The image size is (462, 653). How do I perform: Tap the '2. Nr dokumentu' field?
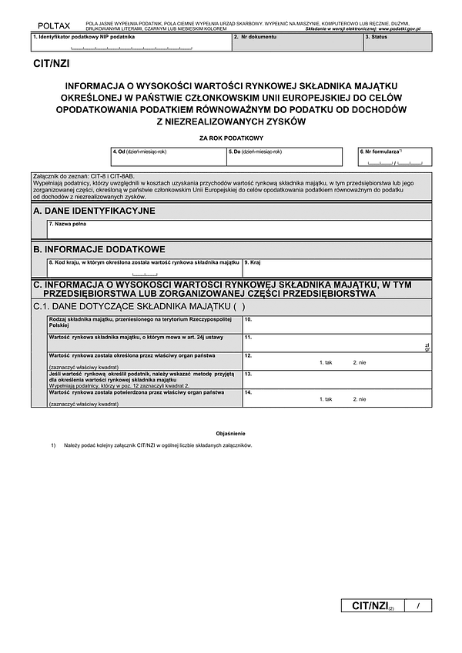[x=296, y=43]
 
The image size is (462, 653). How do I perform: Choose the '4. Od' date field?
[x=168, y=157]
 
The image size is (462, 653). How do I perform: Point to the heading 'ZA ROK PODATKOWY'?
[x=231, y=137]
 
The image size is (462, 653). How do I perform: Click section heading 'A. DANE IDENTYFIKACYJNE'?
[x=95, y=211]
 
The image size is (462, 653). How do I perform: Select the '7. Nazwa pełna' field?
[x=239, y=229]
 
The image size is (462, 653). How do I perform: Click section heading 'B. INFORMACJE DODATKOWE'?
[x=99, y=250]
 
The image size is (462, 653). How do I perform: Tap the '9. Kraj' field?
[x=336, y=268]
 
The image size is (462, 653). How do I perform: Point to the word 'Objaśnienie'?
[x=230, y=434]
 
